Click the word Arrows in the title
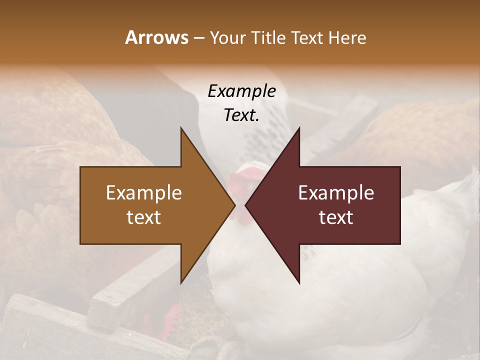[x=156, y=37]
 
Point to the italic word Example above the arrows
[x=242, y=91]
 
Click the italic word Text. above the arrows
[x=242, y=115]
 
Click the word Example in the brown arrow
[x=144, y=192]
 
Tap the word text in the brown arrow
[x=144, y=217]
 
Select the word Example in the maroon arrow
[x=336, y=192]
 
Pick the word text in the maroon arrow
[x=336, y=217]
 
